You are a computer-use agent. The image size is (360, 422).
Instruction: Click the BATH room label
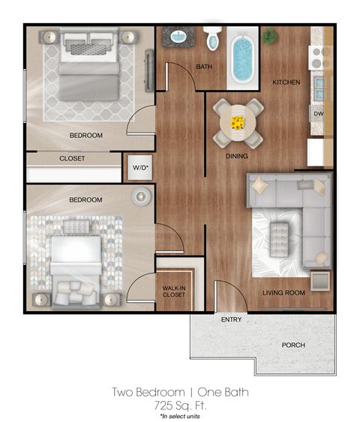[x=204, y=67]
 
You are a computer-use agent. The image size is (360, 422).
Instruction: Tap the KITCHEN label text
[x=286, y=82]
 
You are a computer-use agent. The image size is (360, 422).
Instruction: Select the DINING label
[x=237, y=156]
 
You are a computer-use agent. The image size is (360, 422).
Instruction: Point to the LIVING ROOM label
[x=283, y=292]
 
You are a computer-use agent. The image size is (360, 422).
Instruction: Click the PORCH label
[x=293, y=345]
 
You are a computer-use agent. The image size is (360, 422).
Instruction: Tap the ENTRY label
[x=230, y=320]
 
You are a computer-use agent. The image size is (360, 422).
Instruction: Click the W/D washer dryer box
[x=140, y=167]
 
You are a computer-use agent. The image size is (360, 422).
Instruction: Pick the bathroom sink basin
[x=180, y=36]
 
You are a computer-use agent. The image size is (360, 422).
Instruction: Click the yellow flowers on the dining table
[x=238, y=121]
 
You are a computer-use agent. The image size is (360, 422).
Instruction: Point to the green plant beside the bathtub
[x=269, y=35]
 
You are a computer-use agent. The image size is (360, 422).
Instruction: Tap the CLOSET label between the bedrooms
[x=73, y=158]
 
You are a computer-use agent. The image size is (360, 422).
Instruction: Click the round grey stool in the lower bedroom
[x=140, y=196]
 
